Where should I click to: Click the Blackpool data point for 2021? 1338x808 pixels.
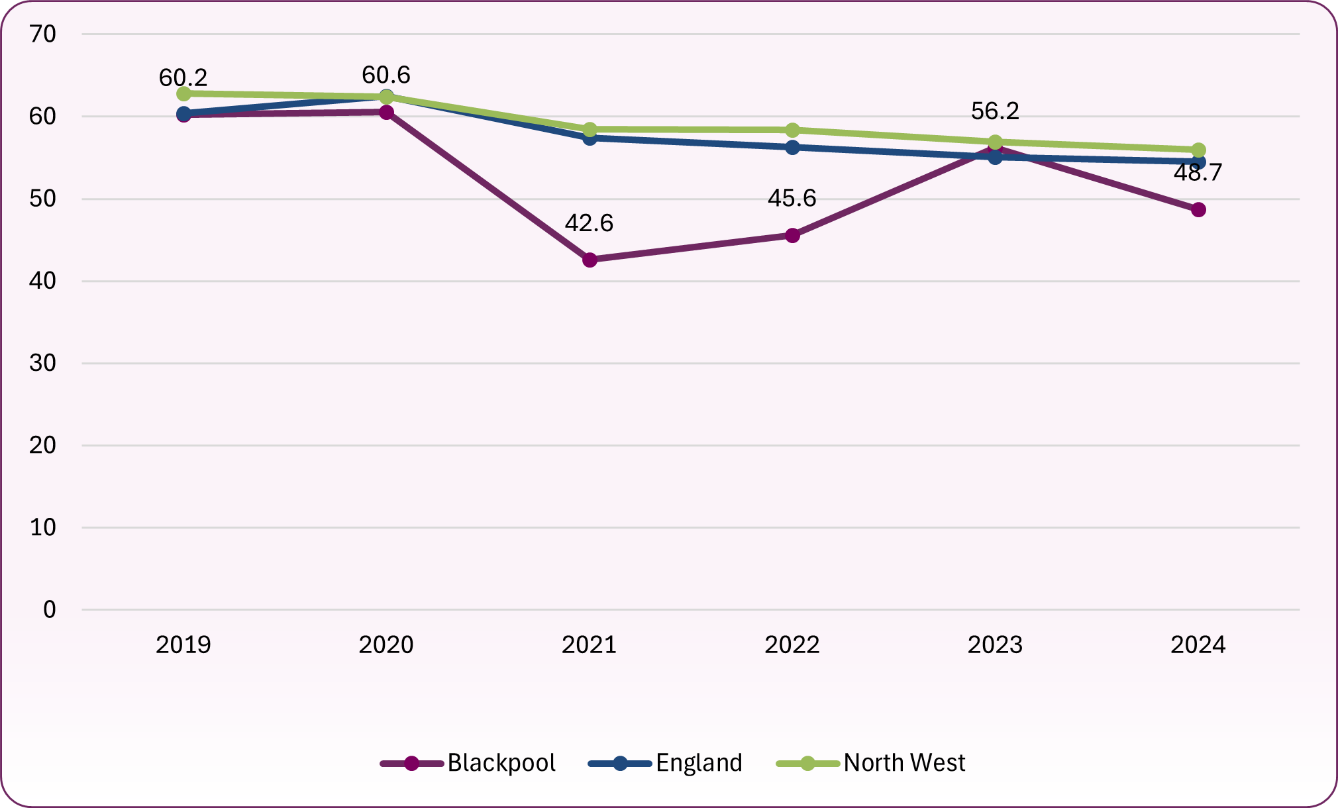point(590,260)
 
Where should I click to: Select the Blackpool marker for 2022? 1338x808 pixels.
point(792,235)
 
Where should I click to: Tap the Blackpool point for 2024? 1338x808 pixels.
point(1198,210)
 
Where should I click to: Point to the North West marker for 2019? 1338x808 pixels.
point(183,94)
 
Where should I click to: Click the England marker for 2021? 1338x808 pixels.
point(590,138)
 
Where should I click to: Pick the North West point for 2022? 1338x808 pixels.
point(792,130)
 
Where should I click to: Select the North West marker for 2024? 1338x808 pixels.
point(1198,150)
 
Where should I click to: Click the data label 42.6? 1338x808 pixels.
point(589,223)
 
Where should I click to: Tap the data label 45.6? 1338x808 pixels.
point(792,198)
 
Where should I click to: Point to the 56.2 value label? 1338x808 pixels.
point(995,111)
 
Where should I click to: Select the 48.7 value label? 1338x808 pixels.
point(1198,173)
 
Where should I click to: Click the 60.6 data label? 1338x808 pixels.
point(386,75)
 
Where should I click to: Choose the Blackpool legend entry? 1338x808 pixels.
point(469,763)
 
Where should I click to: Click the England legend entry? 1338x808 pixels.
point(666,763)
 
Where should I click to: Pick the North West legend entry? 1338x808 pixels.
point(870,763)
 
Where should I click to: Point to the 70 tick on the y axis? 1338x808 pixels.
point(43,34)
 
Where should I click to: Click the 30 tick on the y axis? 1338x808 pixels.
point(43,363)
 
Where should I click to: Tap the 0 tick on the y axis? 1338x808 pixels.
point(50,609)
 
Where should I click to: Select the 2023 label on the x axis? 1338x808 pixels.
point(995,644)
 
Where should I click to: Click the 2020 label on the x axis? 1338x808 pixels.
point(386,644)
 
